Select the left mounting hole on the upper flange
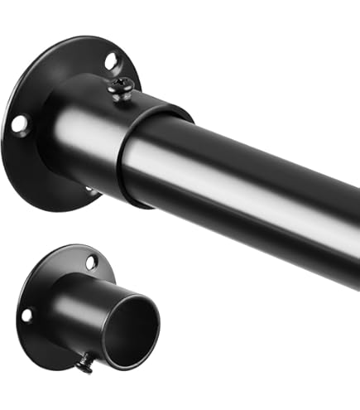coord(19,124)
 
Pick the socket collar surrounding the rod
coord(83,141)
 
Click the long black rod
coord(248,191)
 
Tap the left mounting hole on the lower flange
coord(27,315)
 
